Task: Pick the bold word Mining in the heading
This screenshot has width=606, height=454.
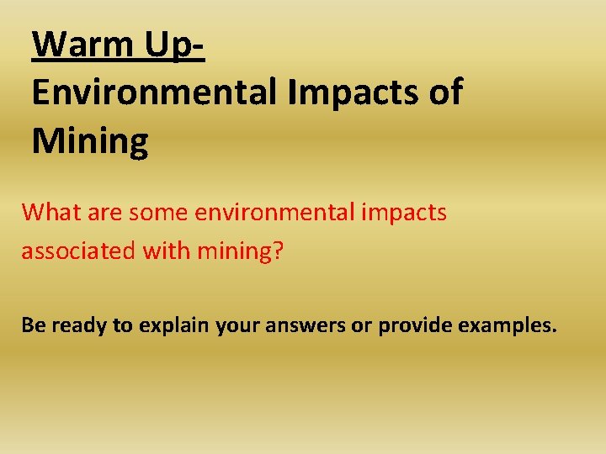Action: [90, 141]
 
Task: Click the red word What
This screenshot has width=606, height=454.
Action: [49, 212]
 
